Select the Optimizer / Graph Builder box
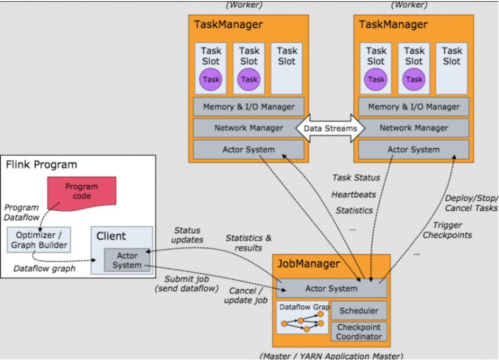coord(37,239)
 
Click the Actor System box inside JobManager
coord(331,288)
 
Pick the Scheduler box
coord(359,311)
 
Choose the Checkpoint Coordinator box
coord(359,331)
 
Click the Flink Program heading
coord(42,165)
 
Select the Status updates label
coord(187,235)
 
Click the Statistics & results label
coord(248,242)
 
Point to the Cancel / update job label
coord(247,295)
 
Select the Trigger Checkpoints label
coord(447,229)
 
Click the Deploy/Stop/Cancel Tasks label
coord(470,203)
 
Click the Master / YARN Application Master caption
coord(331,355)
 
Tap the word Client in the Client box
coord(111,236)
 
